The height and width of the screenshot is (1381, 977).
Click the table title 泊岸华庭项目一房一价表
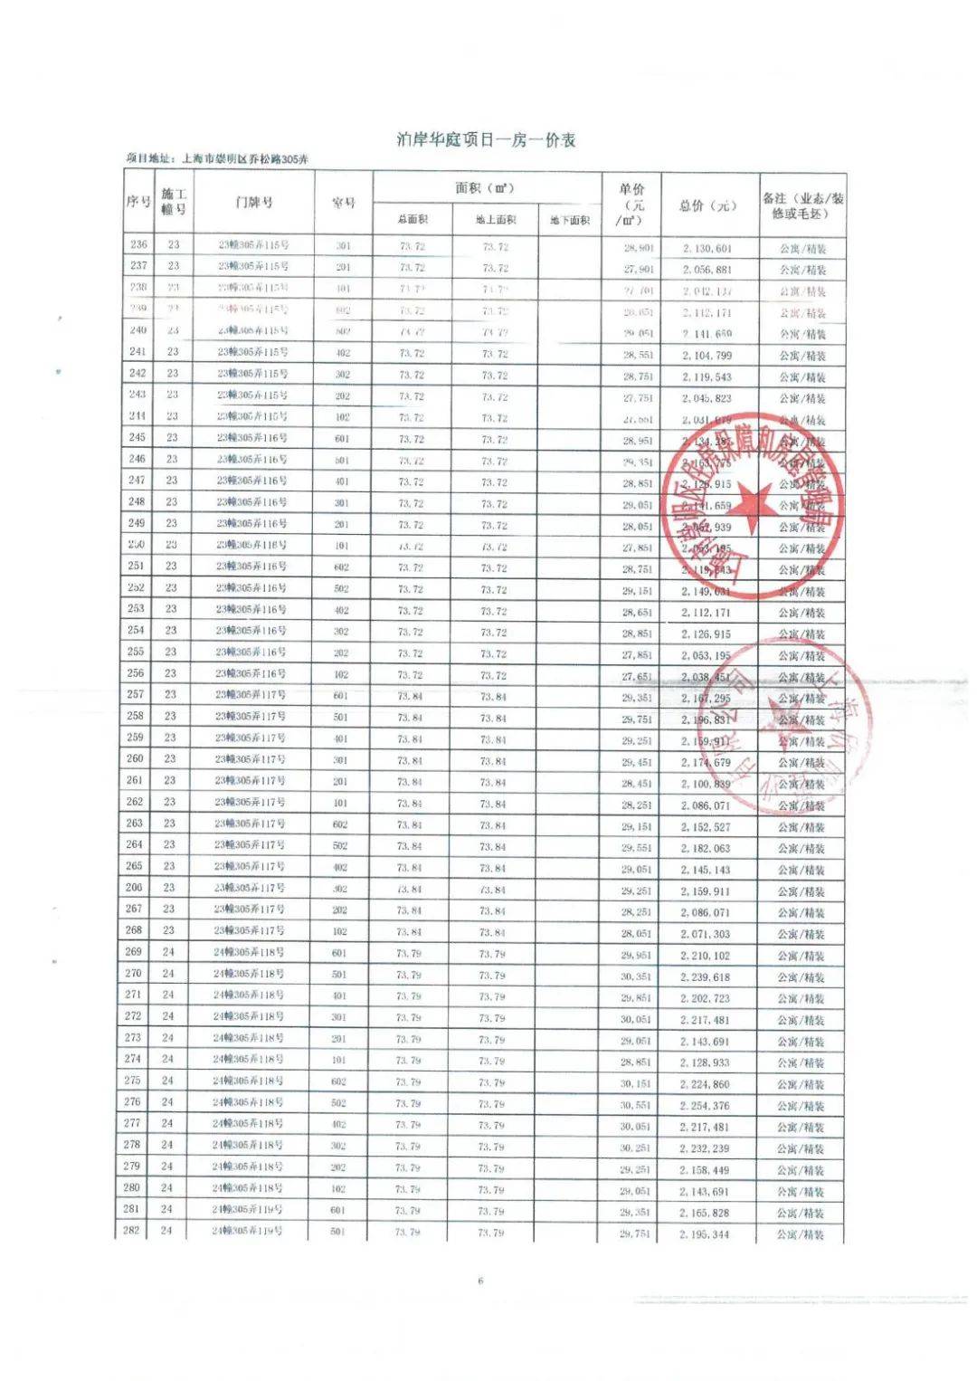coord(486,140)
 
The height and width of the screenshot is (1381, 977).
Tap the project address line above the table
coord(217,159)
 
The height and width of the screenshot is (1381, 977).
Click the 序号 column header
coord(138,202)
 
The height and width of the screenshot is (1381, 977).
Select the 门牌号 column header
coord(253,202)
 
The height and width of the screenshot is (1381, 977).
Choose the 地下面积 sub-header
coord(569,220)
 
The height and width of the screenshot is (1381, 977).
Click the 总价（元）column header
coord(707,205)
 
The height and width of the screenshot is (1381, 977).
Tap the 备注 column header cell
coord(802,205)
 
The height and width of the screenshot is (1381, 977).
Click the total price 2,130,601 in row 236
coord(707,248)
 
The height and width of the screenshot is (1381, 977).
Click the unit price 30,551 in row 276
coord(635,1106)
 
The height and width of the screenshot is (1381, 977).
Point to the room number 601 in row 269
coord(339,953)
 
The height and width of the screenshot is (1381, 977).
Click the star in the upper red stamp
coord(753,501)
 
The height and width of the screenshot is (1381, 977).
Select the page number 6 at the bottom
coord(480,1281)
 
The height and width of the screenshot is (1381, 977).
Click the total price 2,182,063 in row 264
coord(706,849)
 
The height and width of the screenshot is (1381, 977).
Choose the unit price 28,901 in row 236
coord(638,248)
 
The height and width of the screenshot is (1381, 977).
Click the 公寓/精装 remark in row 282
coord(801,1234)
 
